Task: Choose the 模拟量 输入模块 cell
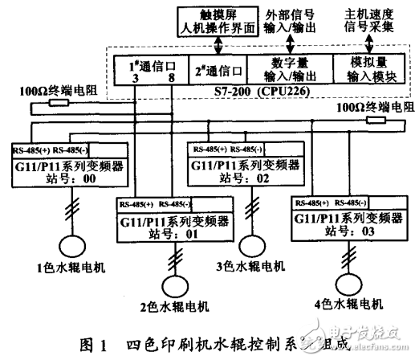click(x=367, y=68)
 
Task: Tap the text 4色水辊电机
click(x=347, y=305)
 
